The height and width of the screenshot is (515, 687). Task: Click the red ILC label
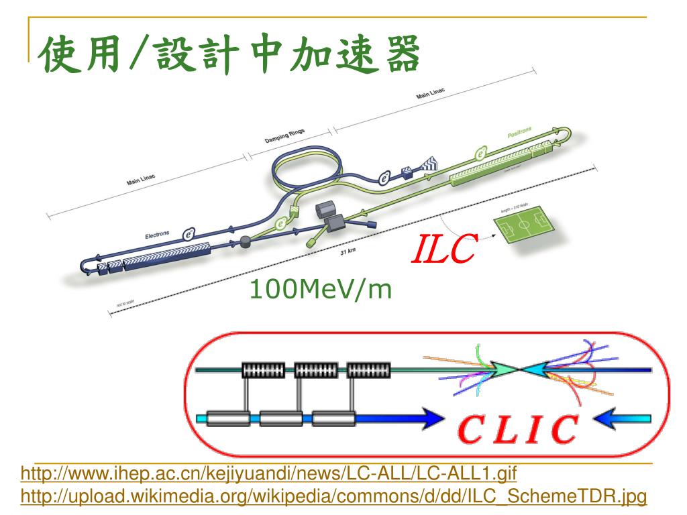443,249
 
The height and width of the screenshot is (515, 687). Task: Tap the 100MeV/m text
320,289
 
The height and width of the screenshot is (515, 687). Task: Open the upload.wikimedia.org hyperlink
334,496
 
